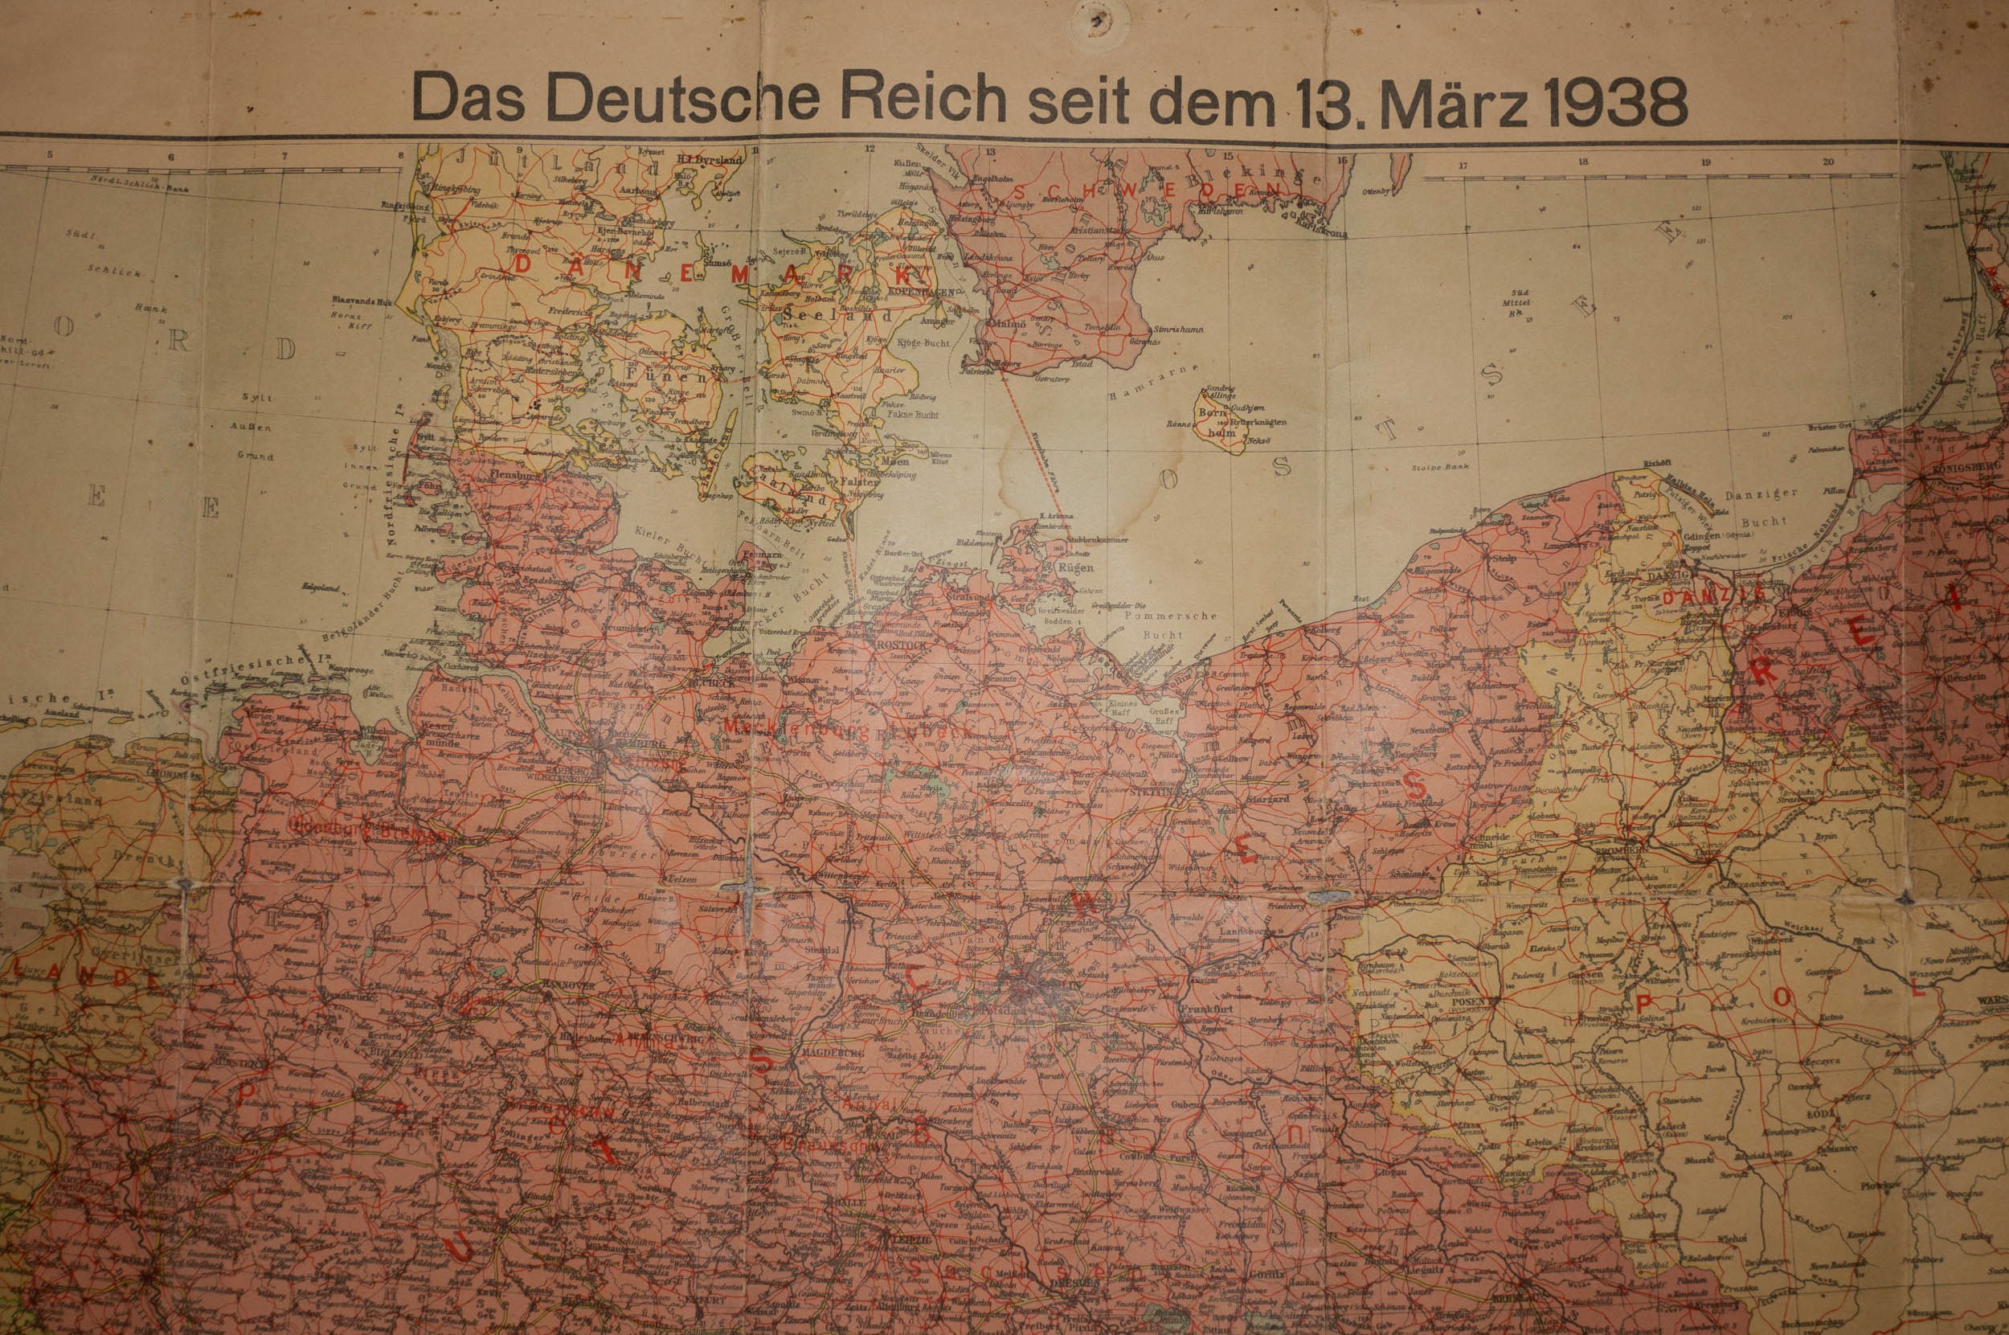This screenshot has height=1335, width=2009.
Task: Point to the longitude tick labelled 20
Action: point(1827,162)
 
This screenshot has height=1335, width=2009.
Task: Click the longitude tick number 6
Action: point(170,157)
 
